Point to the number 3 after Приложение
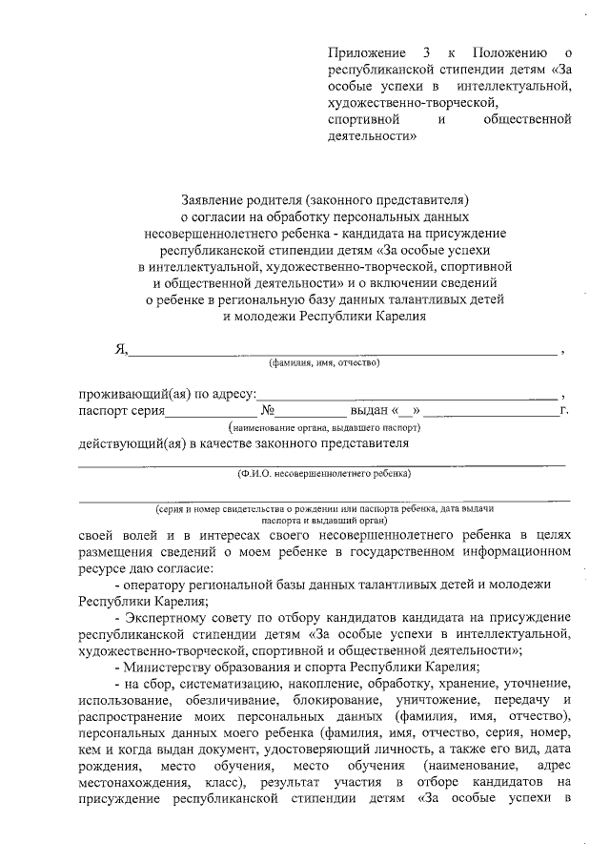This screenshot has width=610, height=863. [x=422, y=51]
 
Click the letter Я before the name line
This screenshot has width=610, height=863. [x=120, y=349]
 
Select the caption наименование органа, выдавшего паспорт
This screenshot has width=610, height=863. [x=324, y=428]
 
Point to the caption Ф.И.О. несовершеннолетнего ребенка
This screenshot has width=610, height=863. [x=324, y=473]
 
